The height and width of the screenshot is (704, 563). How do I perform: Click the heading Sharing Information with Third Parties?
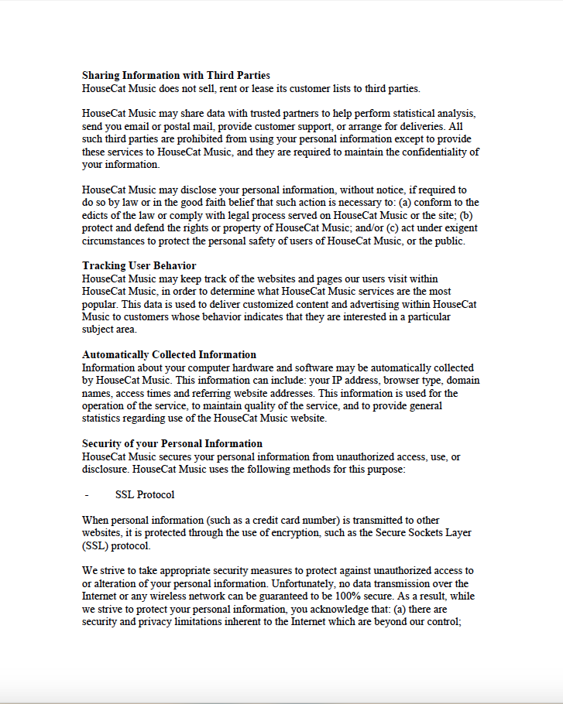176,76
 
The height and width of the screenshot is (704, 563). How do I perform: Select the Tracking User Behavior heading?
139,266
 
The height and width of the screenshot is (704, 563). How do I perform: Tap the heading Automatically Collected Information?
169,355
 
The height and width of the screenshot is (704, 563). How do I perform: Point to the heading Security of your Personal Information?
172,444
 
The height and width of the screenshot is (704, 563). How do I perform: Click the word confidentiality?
427,152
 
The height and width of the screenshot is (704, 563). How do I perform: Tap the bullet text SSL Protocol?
145,494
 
